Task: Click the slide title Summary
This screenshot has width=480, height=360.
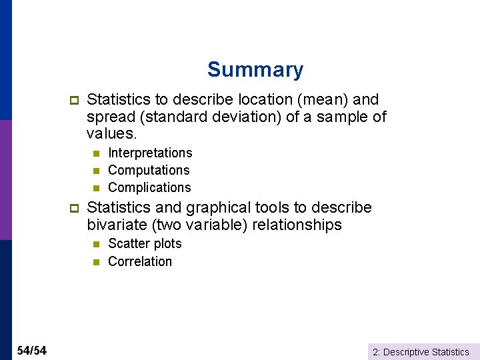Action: (x=255, y=69)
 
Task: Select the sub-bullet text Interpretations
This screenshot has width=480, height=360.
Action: (x=150, y=153)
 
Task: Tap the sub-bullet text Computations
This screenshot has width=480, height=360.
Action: (x=149, y=171)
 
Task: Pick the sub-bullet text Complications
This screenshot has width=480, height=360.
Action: (x=149, y=188)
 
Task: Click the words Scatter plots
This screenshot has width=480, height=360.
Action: (x=145, y=244)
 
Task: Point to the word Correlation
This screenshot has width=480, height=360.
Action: (x=140, y=261)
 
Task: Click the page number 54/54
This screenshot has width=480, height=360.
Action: (x=31, y=351)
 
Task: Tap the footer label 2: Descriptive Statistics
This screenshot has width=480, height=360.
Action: (x=421, y=352)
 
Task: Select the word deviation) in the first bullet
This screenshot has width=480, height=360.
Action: (x=239, y=117)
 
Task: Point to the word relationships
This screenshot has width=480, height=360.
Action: (x=297, y=225)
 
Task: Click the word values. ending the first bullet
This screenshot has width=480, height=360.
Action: (x=111, y=135)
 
